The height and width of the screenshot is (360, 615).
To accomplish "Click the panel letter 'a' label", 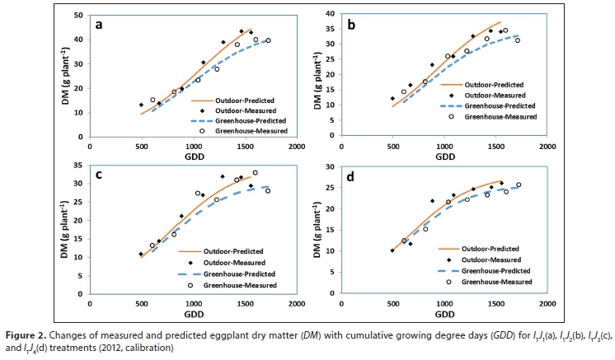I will pos(99,24).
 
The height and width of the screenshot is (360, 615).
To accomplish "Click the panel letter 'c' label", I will pos(99,175).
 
